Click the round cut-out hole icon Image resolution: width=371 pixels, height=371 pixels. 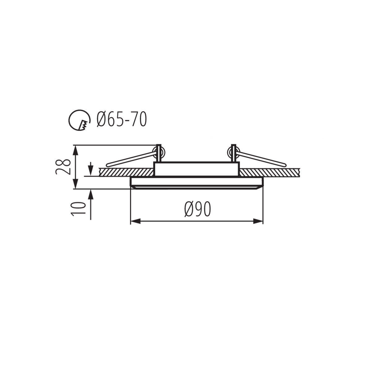click(x=79, y=120)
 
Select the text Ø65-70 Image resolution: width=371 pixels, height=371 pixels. click(x=121, y=120)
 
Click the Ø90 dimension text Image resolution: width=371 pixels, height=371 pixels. click(x=198, y=210)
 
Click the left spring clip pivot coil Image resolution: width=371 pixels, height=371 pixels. click(x=160, y=151)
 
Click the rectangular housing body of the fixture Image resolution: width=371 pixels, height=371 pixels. click(x=196, y=169)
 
